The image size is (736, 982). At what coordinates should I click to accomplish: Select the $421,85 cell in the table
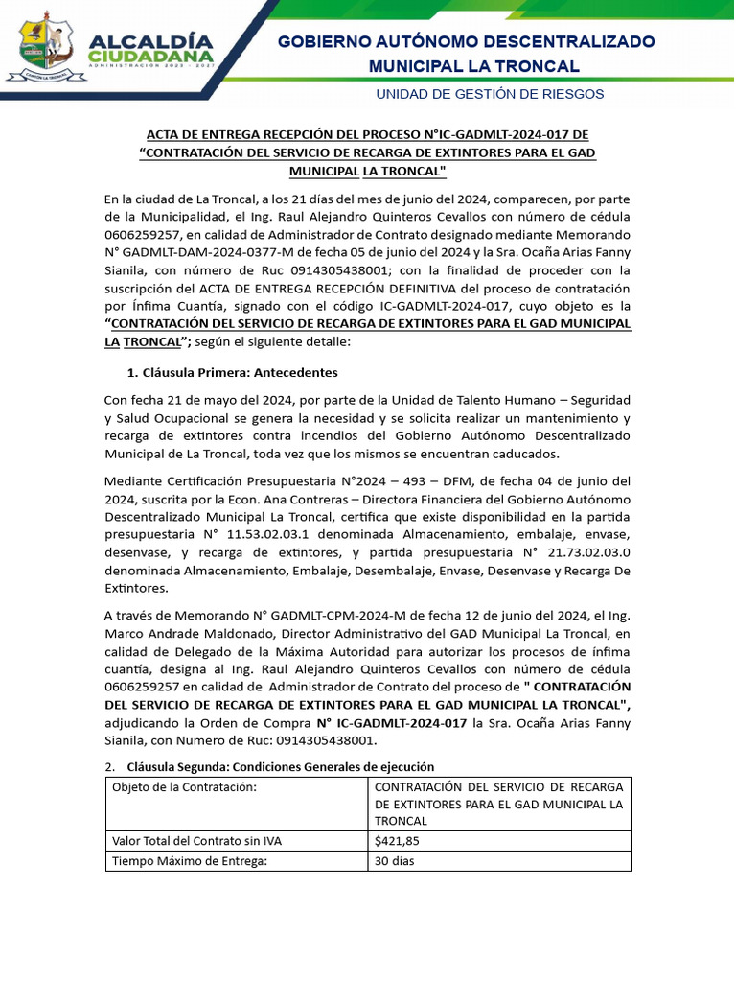(398, 841)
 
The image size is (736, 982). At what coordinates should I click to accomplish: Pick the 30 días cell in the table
(396, 861)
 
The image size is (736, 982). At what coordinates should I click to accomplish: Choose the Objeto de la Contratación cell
(185, 787)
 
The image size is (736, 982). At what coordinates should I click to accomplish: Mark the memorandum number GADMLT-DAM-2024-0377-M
(203, 252)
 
